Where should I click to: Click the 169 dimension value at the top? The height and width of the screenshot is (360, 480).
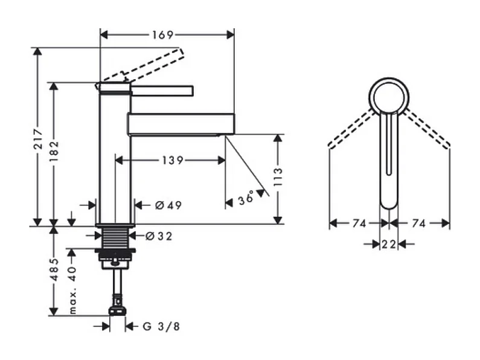click(162, 34)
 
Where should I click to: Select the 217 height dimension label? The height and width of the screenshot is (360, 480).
click(37, 140)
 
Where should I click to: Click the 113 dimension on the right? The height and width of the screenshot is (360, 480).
click(278, 179)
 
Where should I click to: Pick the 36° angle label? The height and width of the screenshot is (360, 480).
click(245, 198)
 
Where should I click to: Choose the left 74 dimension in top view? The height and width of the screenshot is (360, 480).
click(359, 223)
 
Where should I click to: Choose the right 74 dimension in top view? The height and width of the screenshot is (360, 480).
click(420, 223)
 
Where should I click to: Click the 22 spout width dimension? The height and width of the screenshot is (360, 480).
click(389, 244)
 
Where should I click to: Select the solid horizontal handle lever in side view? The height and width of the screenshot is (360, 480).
click(162, 91)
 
